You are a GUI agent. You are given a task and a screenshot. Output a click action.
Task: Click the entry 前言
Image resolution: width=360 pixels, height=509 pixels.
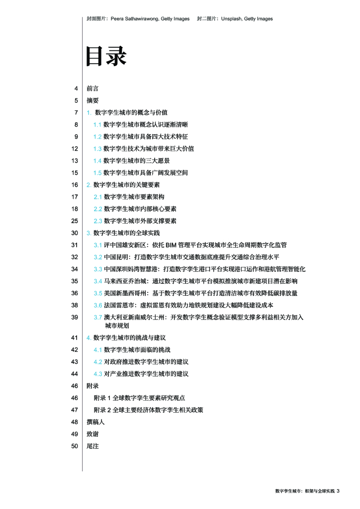coord(92,88)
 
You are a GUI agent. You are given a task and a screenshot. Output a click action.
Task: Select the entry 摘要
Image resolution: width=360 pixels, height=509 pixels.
coord(92,100)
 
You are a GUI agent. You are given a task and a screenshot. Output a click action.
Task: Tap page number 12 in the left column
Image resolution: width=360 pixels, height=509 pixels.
coord(75,149)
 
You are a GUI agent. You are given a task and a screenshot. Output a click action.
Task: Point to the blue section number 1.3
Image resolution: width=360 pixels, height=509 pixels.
coord(97,149)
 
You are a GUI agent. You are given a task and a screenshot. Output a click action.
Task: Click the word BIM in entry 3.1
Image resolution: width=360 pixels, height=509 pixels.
coord(171,245)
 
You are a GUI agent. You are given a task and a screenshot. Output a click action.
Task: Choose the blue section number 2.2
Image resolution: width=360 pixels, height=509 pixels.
coord(98,209)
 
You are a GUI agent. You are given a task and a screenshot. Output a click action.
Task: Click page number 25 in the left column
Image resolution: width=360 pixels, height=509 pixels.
coord(75,221)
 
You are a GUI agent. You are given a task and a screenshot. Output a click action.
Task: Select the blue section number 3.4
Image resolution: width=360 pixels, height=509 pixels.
coord(98,281)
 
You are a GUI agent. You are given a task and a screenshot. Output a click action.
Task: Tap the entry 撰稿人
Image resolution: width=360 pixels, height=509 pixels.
coord(95,422)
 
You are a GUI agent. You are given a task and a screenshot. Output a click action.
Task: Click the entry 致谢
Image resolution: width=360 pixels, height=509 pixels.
coord(92,434)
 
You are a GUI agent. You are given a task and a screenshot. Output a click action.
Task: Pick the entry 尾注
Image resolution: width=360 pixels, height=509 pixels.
coord(92,446)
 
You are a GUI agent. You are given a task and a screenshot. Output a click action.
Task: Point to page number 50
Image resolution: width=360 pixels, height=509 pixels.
coord(75,446)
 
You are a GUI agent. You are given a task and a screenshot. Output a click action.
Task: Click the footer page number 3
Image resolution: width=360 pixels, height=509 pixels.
coord(338,491)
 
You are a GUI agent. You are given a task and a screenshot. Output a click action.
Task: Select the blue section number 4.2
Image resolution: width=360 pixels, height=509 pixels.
coord(98,362)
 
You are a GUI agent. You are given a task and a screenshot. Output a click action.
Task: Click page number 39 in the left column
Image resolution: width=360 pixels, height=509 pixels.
coord(75,317)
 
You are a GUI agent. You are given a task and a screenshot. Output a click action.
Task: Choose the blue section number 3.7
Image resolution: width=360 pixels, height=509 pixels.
coord(98,317)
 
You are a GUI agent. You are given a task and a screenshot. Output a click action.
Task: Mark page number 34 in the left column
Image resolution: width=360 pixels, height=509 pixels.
coord(75,269)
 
